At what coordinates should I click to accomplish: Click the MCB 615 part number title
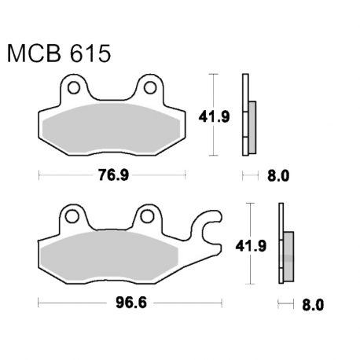(x=59, y=53)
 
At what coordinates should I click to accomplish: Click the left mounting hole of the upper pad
(x=74, y=87)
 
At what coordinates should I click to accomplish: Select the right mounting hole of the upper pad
(x=150, y=87)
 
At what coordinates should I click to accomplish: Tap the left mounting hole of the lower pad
(x=72, y=216)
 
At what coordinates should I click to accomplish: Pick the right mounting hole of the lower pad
(x=147, y=216)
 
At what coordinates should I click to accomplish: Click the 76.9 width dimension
(x=113, y=174)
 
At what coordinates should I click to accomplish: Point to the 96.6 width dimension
(x=131, y=303)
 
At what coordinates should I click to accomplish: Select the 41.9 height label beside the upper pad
(x=214, y=116)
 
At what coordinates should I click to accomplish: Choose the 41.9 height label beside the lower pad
(x=251, y=246)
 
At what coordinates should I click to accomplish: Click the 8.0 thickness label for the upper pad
(x=278, y=176)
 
